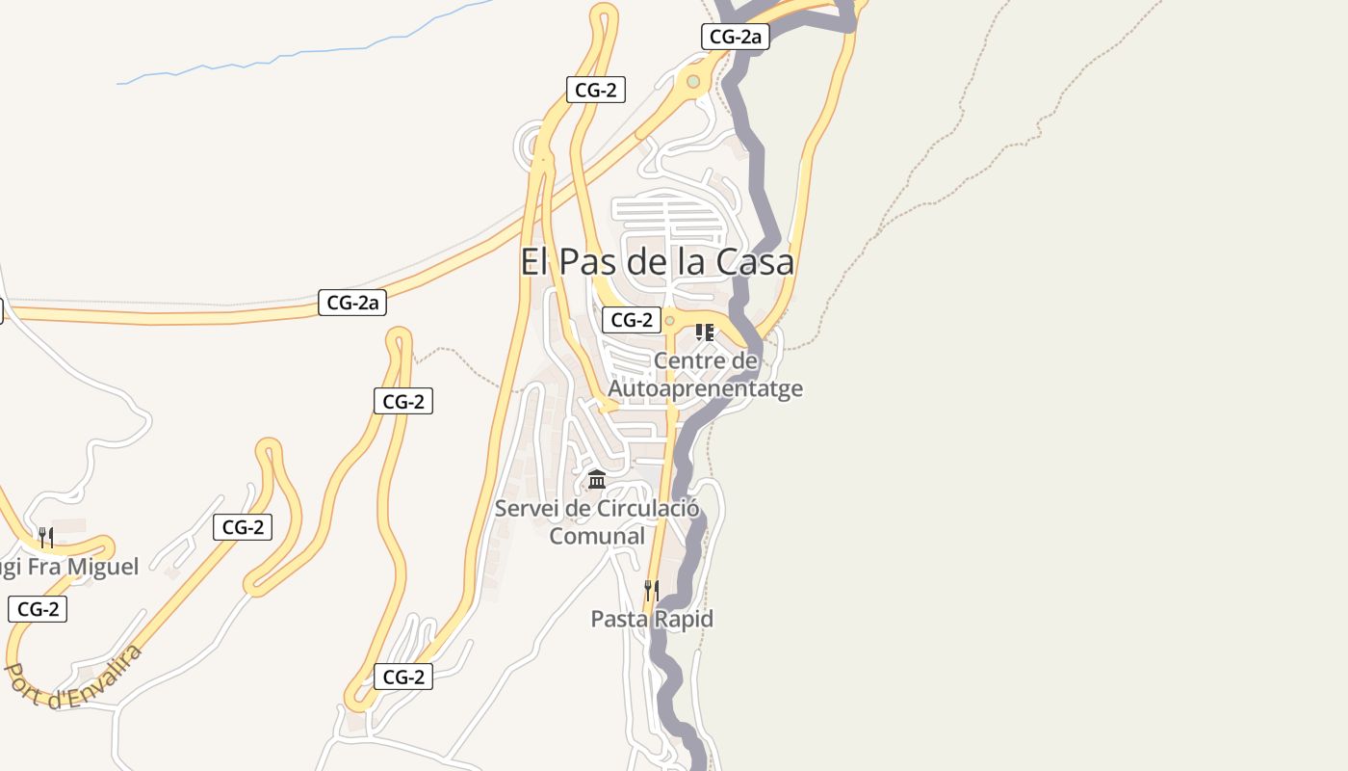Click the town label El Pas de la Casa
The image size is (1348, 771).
(x=658, y=261)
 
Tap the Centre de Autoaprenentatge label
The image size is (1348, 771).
(x=705, y=375)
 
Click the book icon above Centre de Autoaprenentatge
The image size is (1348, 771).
(x=705, y=332)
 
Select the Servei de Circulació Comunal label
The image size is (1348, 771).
(x=597, y=521)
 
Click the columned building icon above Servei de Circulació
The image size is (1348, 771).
(x=597, y=479)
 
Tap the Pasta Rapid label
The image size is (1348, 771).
(x=652, y=619)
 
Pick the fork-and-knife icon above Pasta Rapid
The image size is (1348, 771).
(x=652, y=590)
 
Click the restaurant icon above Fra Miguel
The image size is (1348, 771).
(x=45, y=537)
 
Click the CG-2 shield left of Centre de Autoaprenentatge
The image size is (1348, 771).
(x=632, y=320)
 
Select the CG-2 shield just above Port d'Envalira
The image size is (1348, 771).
(x=38, y=609)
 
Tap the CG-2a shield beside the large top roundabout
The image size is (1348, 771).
(x=735, y=38)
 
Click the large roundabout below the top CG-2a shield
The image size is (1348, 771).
(x=693, y=82)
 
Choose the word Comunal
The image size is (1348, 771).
(x=597, y=536)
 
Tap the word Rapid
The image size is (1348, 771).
(x=682, y=619)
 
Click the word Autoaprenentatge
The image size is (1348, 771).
(x=705, y=388)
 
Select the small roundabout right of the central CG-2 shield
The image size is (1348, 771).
(x=669, y=321)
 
